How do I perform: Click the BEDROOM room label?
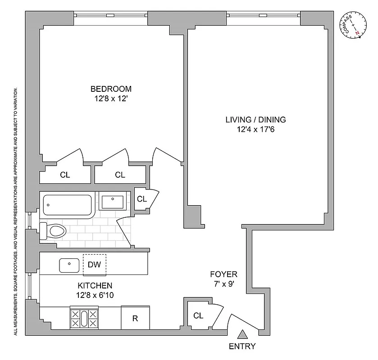click(x=111, y=89)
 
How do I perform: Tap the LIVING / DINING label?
click(x=255, y=120)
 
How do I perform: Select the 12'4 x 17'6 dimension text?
click(x=255, y=130)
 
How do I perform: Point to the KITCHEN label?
click(x=95, y=285)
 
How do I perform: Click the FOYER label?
click(x=223, y=274)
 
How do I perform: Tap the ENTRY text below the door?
click(x=242, y=346)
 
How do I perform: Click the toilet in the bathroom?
click(x=53, y=231)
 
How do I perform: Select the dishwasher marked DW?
click(x=94, y=265)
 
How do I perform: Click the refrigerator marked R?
click(x=135, y=319)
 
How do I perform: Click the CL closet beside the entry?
click(x=198, y=315)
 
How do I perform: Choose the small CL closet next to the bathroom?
click(x=141, y=198)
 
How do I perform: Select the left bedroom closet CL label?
click(x=65, y=175)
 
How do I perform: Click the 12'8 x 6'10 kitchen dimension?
click(x=95, y=295)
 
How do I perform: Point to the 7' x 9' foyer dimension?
click(x=223, y=284)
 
